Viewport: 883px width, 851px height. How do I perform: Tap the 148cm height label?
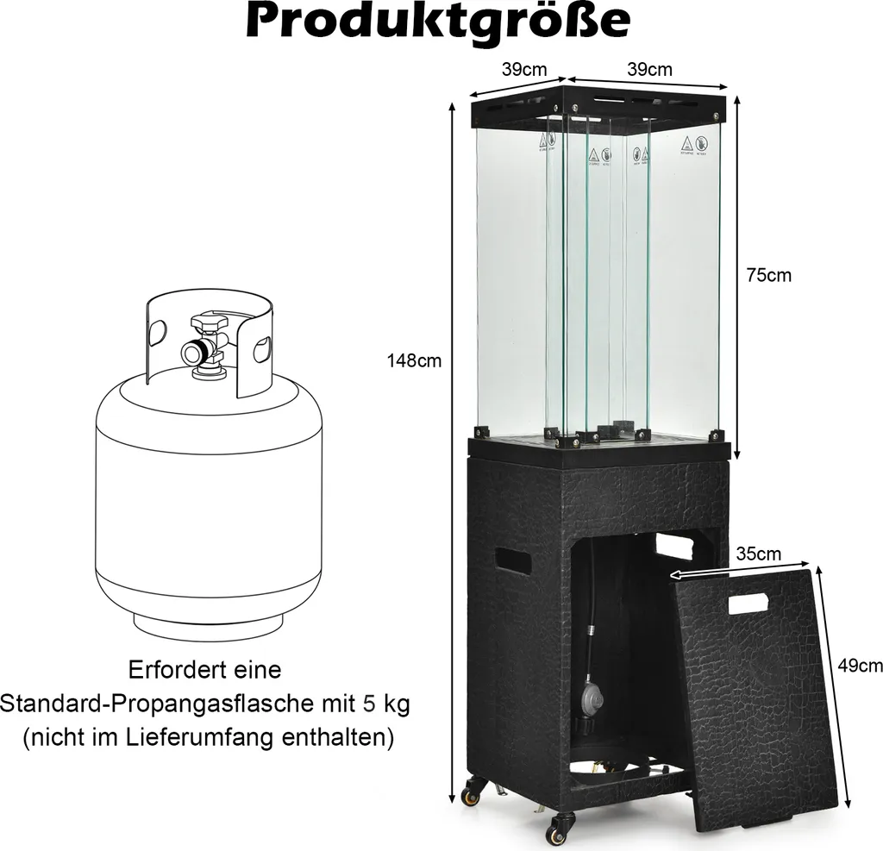click(414, 361)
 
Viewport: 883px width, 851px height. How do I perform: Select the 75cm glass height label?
click(768, 276)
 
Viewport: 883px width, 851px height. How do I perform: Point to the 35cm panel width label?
click(759, 554)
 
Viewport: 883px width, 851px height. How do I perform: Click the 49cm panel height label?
click(861, 665)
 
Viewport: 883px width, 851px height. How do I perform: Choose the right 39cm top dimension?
click(649, 70)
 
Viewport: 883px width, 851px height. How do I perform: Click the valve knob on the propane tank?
click(208, 323)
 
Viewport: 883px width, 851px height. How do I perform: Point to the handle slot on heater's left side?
click(515, 562)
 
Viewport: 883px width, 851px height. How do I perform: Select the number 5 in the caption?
click(369, 704)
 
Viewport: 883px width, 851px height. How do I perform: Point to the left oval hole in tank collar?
click(156, 332)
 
